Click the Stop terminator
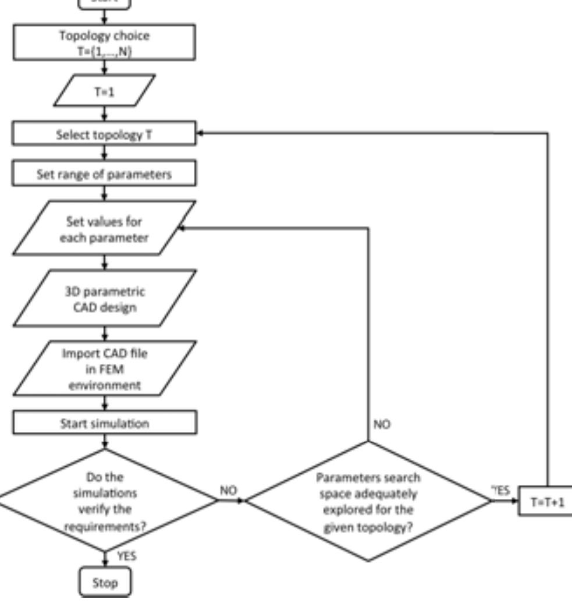click(105, 582)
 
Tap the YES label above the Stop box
click(126, 556)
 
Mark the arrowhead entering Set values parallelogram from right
click(180, 228)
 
